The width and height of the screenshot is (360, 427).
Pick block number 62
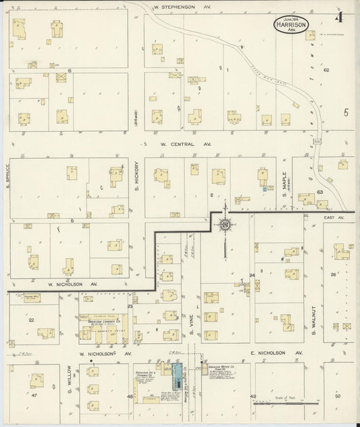click(326, 70)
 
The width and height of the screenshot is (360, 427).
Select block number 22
click(30, 320)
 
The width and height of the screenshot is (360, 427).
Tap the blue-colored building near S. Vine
click(177, 372)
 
